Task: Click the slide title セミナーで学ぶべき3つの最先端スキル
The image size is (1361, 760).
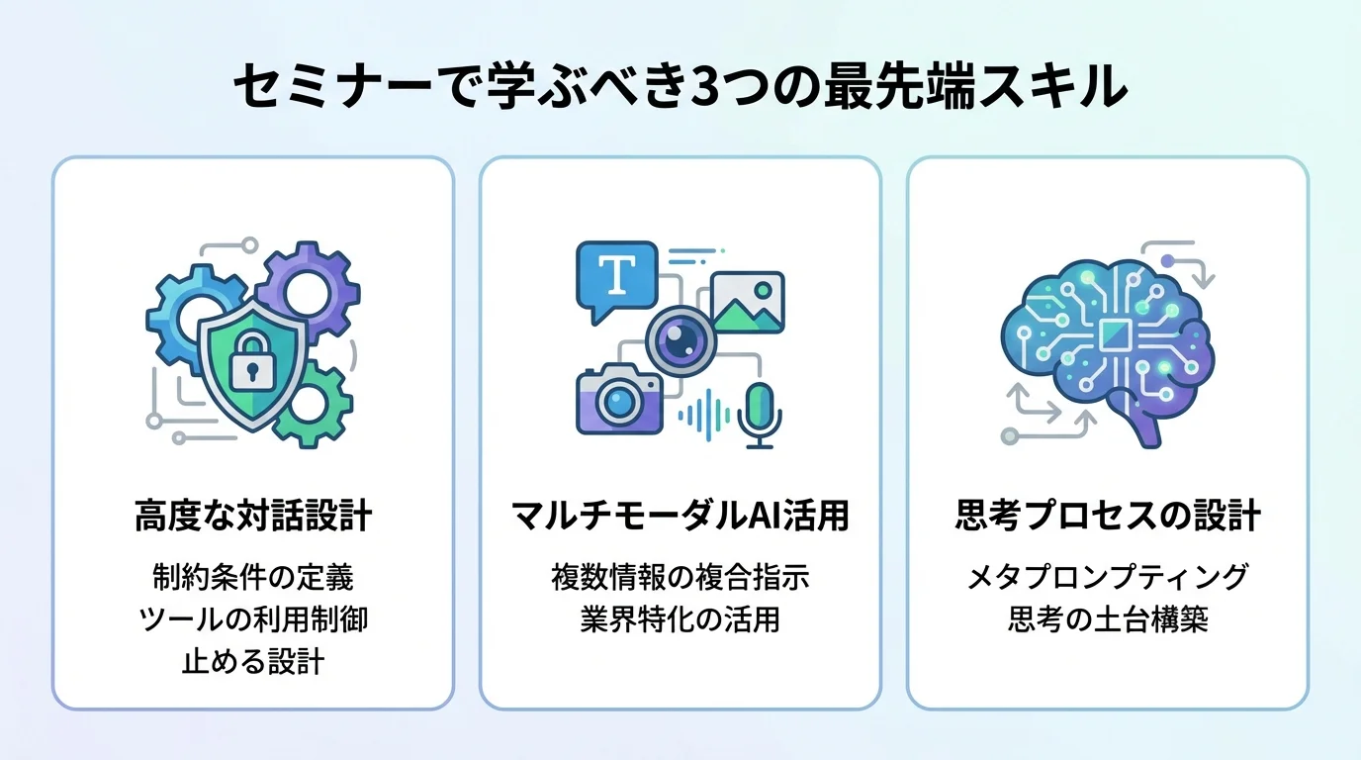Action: (x=680, y=88)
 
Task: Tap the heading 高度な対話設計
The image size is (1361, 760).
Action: (x=252, y=517)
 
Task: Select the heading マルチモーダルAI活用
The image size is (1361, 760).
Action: (x=680, y=517)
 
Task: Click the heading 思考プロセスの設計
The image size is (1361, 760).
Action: (x=1108, y=517)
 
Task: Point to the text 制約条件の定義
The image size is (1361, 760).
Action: (x=252, y=576)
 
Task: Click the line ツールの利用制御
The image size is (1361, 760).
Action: (x=252, y=619)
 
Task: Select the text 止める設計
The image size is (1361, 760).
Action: (x=252, y=662)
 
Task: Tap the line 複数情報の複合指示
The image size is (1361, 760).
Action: (x=680, y=576)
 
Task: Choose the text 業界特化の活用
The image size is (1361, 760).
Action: (x=680, y=619)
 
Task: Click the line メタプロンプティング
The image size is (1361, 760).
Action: (x=1108, y=576)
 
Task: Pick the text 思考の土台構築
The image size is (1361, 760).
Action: (x=1108, y=619)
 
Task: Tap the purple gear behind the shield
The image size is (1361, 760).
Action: (x=306, y=288)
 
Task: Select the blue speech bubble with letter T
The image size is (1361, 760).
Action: (x=616, y=277)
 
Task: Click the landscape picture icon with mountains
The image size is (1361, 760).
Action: (x=747, y=302)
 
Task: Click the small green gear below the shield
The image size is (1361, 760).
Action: (x=310, y=404)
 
